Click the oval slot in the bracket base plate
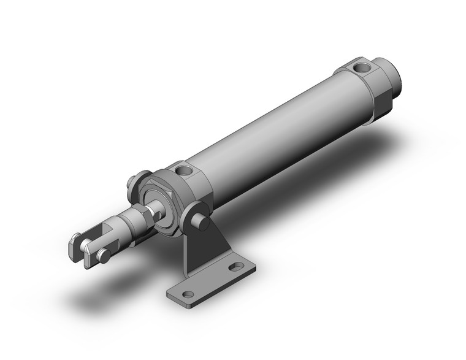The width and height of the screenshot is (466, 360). pos(236,267)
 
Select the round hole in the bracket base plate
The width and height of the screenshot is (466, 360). pos(188,294)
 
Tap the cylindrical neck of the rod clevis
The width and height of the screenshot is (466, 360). pos(126,224)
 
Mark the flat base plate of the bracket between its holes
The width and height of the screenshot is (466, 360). pos(212,282)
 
